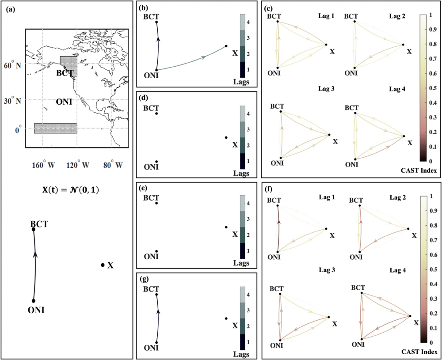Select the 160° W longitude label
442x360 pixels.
pyautogui.click(x=43, y=166)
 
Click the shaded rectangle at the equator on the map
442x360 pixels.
pyautogui.click(x=55, y=128)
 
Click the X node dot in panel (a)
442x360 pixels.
pyautogui.click(x=103, y=265)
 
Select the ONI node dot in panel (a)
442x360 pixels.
pyautogui.click(x=33, y=301)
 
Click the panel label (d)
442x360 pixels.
pyautogui.click(x=143, y=97)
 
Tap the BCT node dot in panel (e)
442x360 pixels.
pyautogui.click(x=156, y=203)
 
